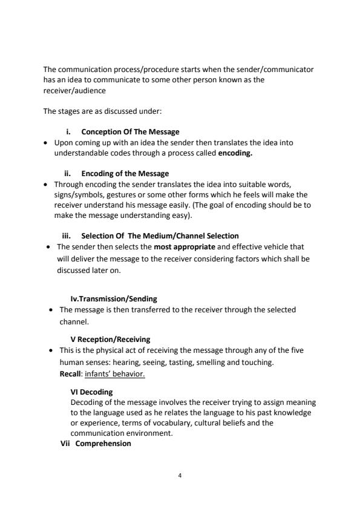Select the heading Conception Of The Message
click(130, 132)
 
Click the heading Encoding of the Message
click(125, 173)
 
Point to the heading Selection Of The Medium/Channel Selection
click(160, 235)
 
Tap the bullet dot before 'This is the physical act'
click(49, 350)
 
